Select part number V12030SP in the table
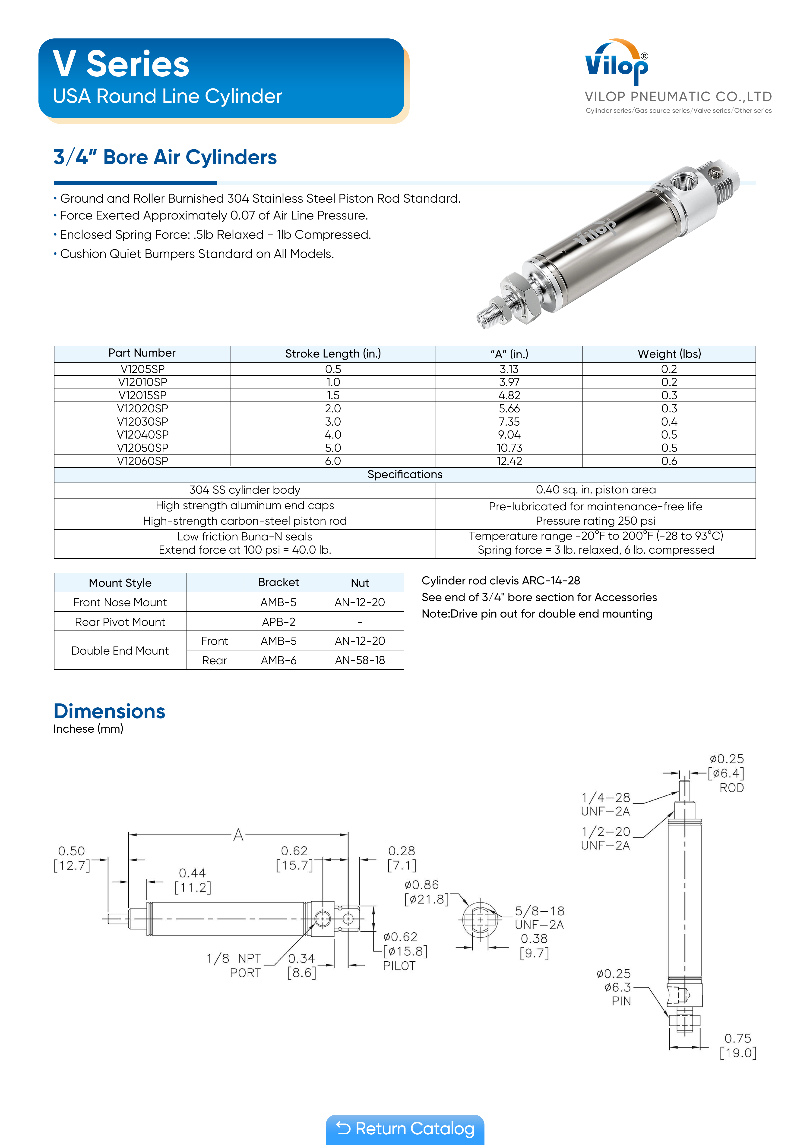pyautogui.click(x=143, y=421)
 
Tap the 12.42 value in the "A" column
pyautogui.click(x=509, y=461)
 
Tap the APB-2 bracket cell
pyautogui.click(x=278, y=622)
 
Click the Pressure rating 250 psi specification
pyautogui.click(x=595, y=521)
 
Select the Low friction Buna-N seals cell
pyautogui.click(x=244, y=536)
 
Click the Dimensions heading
pyautogui.click(x=109, y=711)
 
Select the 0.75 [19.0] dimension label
pyautogui.click(x=738, y=1045)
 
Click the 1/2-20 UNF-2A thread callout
pyautogui.click(x=605, y=838)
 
